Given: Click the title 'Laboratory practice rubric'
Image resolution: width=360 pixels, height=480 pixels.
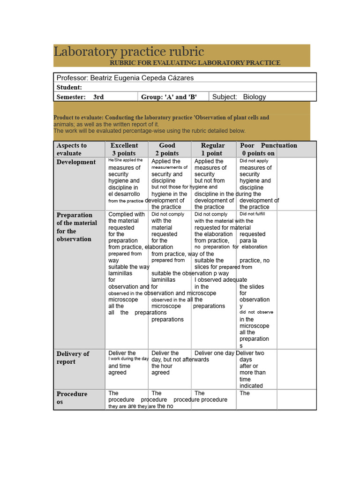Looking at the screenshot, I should pos(129,51).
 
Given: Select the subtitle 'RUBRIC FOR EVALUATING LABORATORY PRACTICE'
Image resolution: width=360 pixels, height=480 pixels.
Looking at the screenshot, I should pos(195,62).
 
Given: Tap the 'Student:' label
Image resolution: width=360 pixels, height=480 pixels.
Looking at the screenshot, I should pos(69,87).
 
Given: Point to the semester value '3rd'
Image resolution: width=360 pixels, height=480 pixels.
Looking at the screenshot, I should pos(98,97).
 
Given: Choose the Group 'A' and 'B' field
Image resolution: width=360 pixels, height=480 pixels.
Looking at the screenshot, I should pos(169,97).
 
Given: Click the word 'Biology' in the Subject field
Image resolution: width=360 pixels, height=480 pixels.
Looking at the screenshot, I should pos(254,97).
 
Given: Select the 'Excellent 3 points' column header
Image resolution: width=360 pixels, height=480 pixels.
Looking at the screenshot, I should pos(124,149).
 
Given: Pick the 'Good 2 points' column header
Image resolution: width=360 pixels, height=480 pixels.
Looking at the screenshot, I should pos(167,149).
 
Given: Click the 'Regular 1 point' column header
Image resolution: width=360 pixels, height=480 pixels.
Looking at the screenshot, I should pos(212,149).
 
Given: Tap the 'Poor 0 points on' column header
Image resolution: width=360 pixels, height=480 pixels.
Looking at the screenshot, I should pos(258,149).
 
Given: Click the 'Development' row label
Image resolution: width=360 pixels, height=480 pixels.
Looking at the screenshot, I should pos(76,162).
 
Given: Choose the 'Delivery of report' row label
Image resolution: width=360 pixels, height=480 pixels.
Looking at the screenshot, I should pos(73,358).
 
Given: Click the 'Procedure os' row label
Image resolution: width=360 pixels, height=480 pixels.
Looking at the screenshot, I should pos(72,397).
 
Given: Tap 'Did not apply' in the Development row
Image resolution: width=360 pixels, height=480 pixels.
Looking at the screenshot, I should pos(254,161).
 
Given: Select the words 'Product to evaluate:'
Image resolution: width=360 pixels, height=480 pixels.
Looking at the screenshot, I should pos(78,118).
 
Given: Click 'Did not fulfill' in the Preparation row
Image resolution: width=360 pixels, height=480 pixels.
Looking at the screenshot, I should pos(252,214).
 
